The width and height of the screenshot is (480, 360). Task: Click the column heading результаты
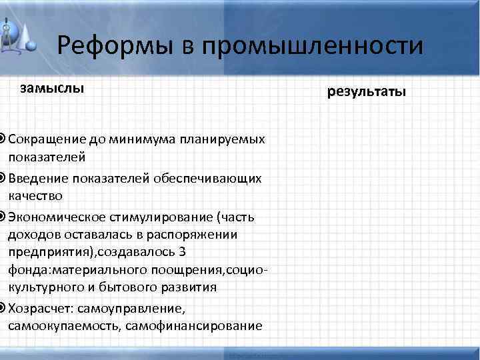[366, 91]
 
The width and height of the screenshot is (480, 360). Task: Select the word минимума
[139, 139]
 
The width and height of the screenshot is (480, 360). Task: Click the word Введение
[35, 179]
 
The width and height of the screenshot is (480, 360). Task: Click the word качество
[35, 195]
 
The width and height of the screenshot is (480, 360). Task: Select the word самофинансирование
[199, 325]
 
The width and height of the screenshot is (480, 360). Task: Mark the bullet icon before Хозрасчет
[3, 308]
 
